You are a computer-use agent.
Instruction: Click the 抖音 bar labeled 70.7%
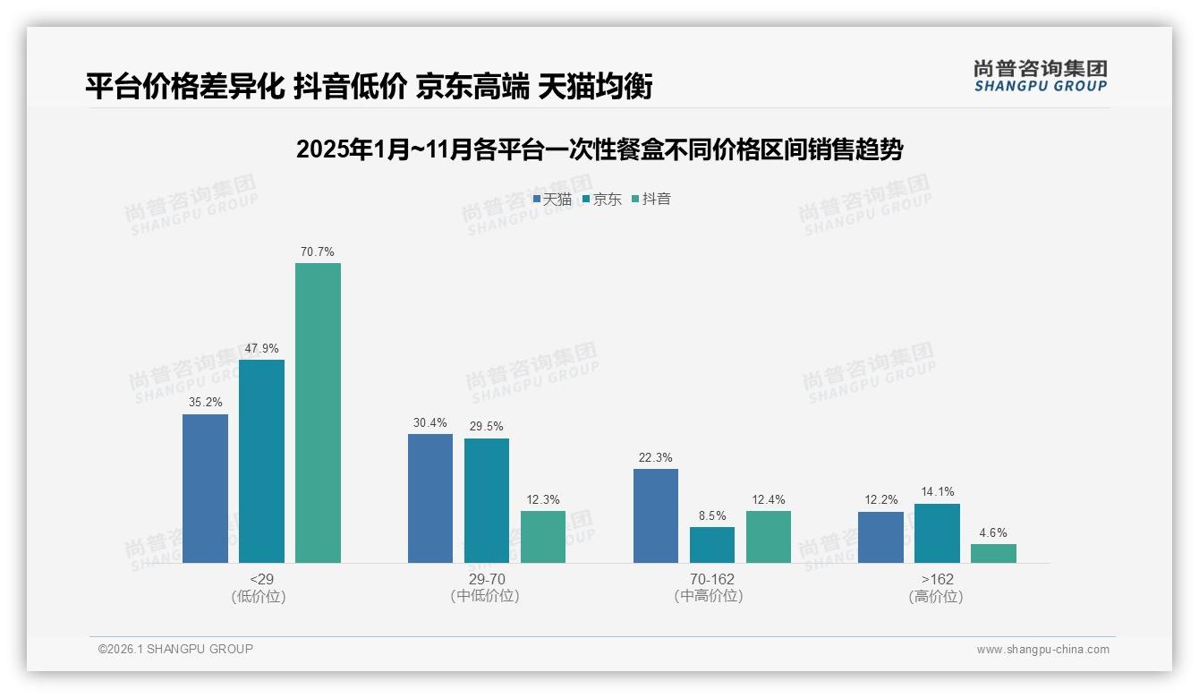coord(318,413)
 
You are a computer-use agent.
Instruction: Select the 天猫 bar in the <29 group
coord(205,489)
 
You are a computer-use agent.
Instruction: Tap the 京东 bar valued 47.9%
coord(261,461)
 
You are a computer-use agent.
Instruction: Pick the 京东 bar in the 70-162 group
coord(712,545)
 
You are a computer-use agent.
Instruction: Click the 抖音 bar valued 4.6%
coord(993,553)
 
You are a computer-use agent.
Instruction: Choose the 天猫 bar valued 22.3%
coord(656,515)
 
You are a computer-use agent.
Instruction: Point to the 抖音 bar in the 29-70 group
coord(543,537)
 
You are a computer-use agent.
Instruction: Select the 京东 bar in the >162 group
coord(937,533)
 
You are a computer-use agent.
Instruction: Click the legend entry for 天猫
coord(552,199)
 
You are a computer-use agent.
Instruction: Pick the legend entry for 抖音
coord(651,199)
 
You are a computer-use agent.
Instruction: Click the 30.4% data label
coord(430,423)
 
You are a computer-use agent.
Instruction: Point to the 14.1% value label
coord(937,491)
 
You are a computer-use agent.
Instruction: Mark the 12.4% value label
coord(769,499)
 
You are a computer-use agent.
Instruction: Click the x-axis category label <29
coord(261,579)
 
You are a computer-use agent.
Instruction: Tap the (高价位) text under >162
coord(936,597)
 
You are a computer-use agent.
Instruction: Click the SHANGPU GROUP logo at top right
coord(1041,76)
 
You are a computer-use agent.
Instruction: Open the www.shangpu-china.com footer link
coord(1042,650)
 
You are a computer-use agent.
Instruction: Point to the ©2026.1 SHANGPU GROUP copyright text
coord(175,649)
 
